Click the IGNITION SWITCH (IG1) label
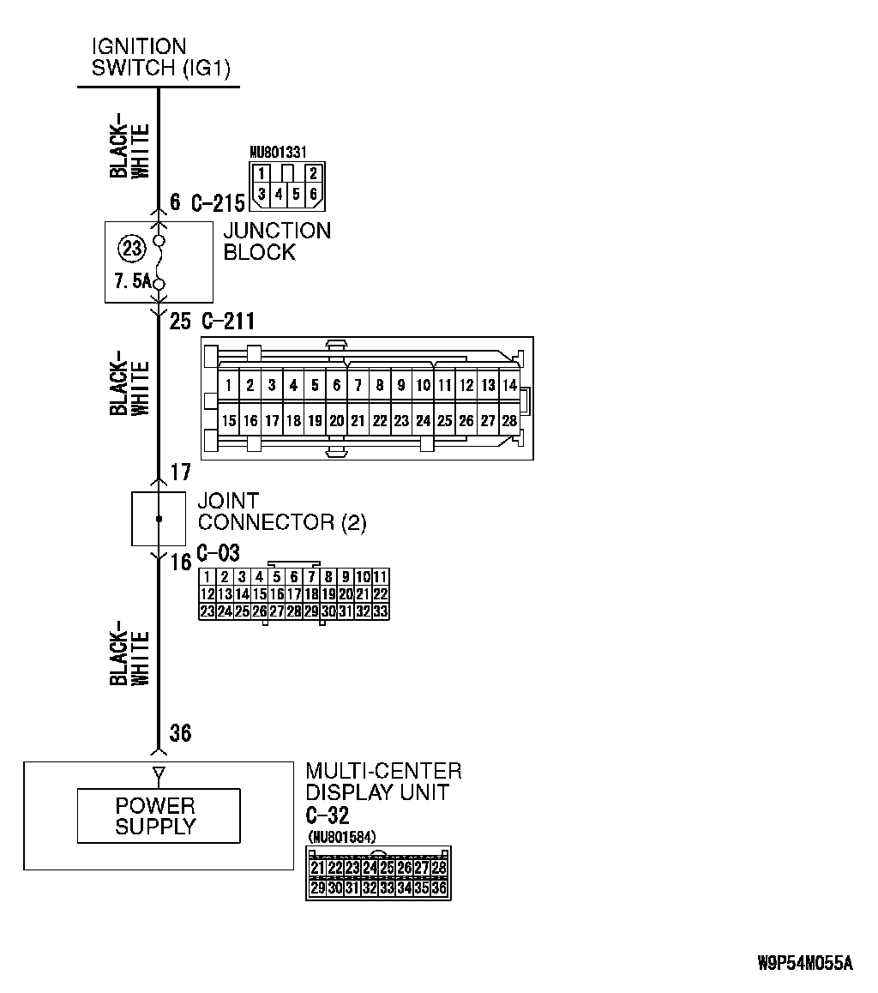(x=160, y=57)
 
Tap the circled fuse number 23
(x=131, y=250)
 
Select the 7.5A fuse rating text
(x=131, y=282)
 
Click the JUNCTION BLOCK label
(x=276, y=241)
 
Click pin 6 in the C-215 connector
(x=314, y=194)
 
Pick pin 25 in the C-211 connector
(x=444, y=421)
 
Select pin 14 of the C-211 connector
(x=509, y=386)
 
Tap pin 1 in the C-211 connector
(x=229, y=386)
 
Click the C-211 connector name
(x=228, y=322)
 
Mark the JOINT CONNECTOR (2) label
(x=281, y=512)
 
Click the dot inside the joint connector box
(x=158, y=520)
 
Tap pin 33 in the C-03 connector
(x=381, y=611)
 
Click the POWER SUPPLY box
(x=159, y=816)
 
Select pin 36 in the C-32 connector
(x=439, y=888)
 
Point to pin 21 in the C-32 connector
(x=317, y=868)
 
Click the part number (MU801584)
(x=341, y=836)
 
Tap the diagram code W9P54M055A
(x=805, y=963)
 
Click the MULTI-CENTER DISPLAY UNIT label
(x=383, y=781)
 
